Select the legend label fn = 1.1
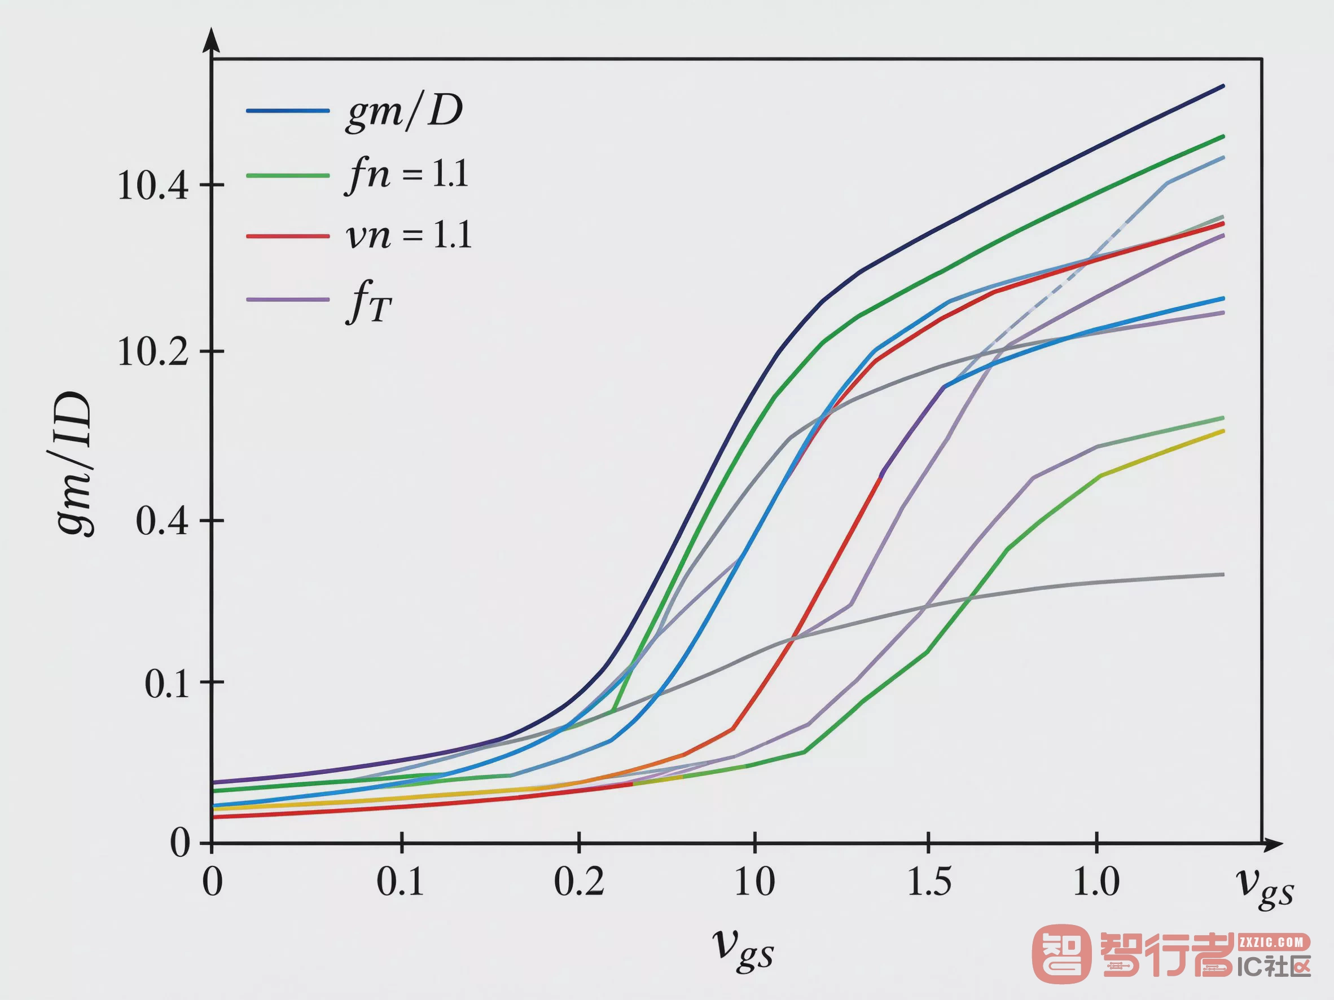(x=407, y=175)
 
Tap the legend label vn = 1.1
(x=409, y=235)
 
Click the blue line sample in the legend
(x=288, y=111)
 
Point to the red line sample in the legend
(x=288, y=236)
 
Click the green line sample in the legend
(x=288, y=175)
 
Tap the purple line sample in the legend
(x=288, y=299)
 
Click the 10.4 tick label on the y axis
(x=153, y=186)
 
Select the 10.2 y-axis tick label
(x=153, y=352)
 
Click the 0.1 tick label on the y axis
(x=167, y=684)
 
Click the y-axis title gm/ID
(x=73, y=464)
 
